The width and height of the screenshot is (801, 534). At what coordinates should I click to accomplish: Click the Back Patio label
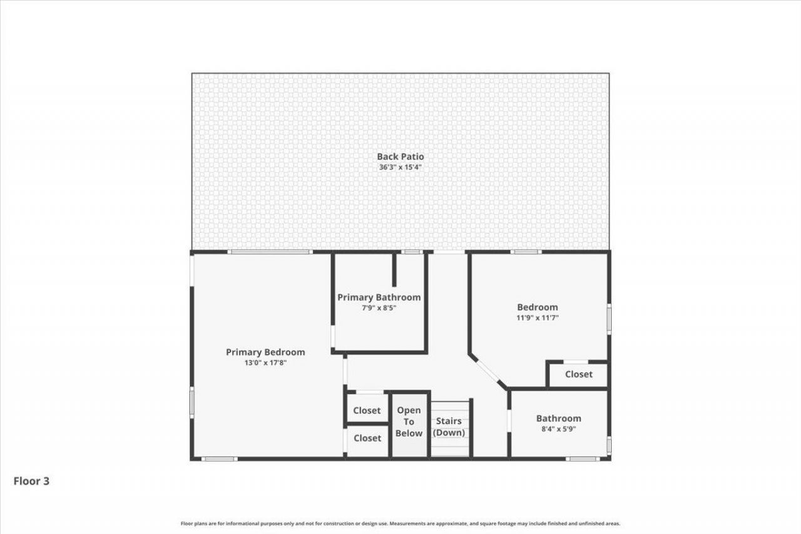(400, 157)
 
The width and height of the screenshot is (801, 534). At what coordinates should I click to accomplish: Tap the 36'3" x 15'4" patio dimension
(400, 167)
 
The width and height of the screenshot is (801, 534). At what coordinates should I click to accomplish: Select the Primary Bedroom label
(265, 352)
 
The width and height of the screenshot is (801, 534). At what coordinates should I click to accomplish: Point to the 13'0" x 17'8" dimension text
(265, 362)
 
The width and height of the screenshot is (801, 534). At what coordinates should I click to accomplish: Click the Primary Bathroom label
(379, 297)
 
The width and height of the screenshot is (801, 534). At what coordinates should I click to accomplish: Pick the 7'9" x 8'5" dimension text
(379, 308)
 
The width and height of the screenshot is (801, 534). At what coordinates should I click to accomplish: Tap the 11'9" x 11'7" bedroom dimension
(537, 317)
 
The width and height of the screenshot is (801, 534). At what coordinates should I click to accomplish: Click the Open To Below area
(409, 422)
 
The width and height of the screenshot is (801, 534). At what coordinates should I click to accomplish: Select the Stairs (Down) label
(450, 427)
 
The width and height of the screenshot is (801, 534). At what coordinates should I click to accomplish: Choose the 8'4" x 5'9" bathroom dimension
(558, 429)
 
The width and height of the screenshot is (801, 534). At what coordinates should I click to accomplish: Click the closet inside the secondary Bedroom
(578, 374)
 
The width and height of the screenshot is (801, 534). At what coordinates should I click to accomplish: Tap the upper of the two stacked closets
(367, 411)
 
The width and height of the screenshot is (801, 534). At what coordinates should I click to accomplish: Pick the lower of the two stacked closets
(367, 438)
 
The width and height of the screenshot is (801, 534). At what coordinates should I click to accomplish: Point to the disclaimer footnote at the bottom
(400, 523)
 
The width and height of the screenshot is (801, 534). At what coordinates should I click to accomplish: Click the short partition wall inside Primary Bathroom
(394, 269)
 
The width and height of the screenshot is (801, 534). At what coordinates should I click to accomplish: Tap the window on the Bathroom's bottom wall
(583, 459)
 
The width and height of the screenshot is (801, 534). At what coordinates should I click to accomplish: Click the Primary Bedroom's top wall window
(269, 252)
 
